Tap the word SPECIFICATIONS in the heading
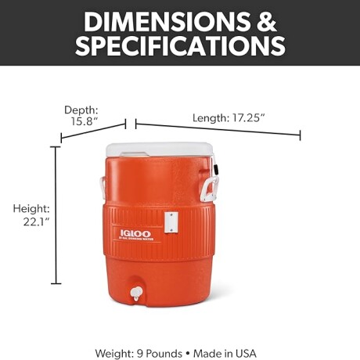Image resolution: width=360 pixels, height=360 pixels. coord(180,46)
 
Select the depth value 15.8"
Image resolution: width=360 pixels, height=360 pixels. coord(85,122)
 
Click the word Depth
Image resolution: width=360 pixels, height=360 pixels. coord(81,110)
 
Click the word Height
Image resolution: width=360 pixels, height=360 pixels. coord(32,209)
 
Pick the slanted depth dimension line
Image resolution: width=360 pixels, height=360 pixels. coord(93,131)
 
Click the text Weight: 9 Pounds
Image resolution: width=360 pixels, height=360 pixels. coord(132,353)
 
